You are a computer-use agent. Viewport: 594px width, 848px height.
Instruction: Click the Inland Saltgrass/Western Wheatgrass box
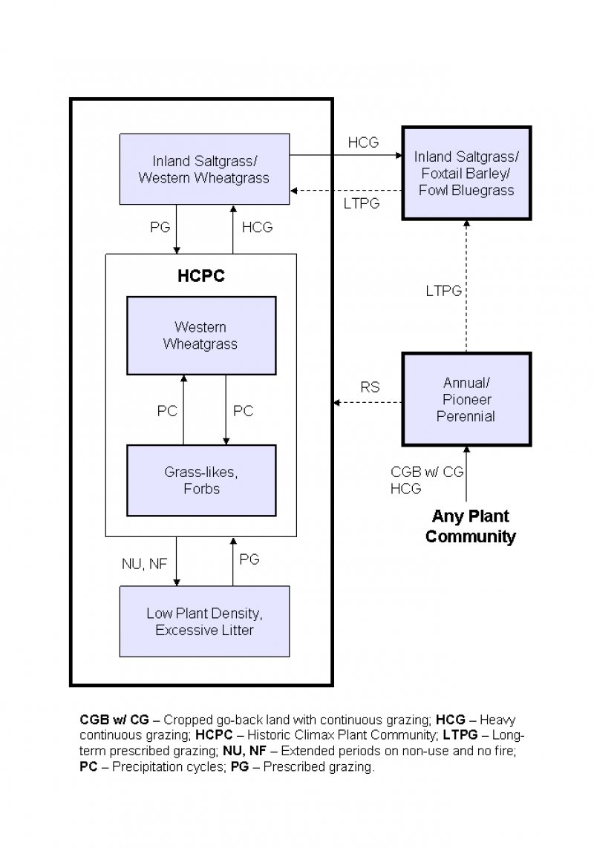pos(204,169)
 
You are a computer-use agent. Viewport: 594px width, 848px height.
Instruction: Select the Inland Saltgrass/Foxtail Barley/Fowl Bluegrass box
pos(466,174)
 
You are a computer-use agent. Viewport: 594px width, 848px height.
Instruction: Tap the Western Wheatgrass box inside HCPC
pos(200,335)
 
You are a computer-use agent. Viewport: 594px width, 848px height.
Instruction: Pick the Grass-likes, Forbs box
pos(200,480)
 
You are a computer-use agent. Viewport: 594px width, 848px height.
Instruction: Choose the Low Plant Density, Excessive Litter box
pos(204,622)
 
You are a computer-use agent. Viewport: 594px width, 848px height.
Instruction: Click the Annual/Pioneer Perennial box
pos(466,399)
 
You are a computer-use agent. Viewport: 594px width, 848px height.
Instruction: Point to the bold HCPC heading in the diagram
pos(200,276)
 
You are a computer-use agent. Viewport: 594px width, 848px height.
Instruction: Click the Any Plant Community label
pos(470,526)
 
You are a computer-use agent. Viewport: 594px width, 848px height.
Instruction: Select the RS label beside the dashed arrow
pos(370,387)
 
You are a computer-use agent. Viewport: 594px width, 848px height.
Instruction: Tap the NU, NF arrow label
pos(144,564)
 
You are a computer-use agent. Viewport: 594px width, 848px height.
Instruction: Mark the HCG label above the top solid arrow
pos(363,142)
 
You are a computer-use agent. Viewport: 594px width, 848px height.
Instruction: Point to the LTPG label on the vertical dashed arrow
pos(443,292)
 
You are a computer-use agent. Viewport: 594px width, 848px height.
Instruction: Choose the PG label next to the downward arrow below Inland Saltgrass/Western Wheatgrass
pos(160,228)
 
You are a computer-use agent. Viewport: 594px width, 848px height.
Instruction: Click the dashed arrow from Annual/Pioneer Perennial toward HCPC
pos(368,403)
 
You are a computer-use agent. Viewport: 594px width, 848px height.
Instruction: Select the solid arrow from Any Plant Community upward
pos(466,475)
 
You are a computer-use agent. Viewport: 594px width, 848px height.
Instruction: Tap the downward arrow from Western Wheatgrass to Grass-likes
pos(226,410)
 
